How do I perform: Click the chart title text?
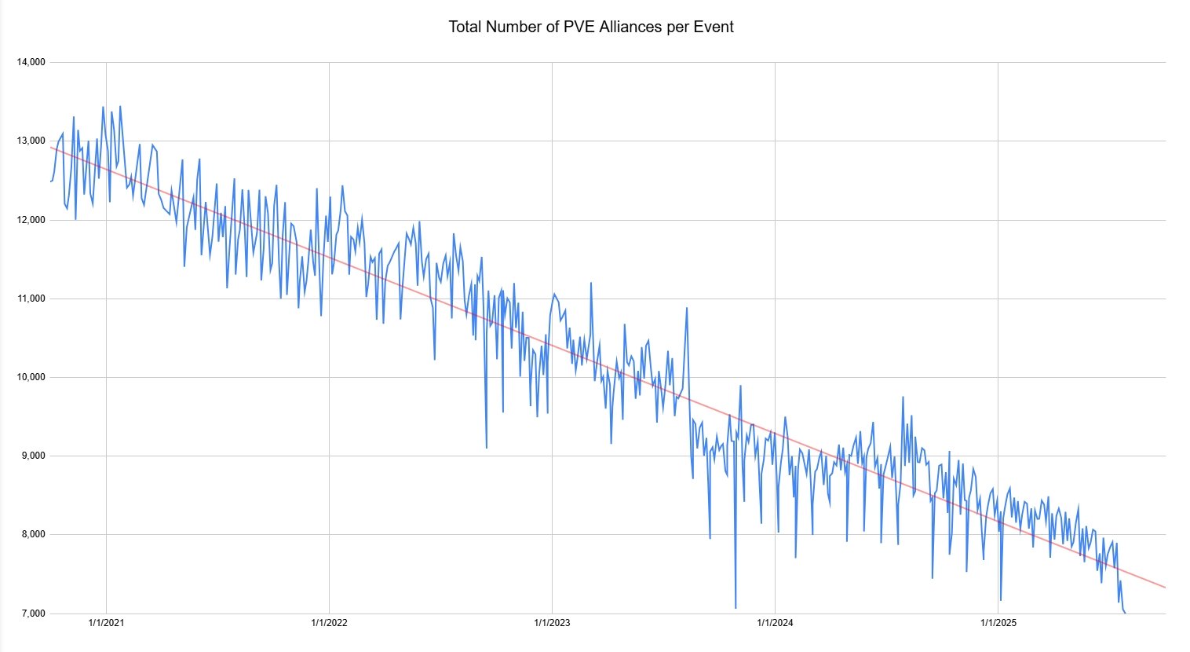(x=591, y=27)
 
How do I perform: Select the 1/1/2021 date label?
(x=106, y=624)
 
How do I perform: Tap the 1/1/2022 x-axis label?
(x=329, y=624)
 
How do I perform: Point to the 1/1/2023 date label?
(x=552, y=624)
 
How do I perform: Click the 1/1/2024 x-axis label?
(x=775, y=624)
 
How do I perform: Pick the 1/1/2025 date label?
(x=998, y=624)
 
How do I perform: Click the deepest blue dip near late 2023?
(x=736, y=607)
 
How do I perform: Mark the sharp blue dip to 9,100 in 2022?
(x=487, y=447)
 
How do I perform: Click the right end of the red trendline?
(x=1165, y=587)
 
